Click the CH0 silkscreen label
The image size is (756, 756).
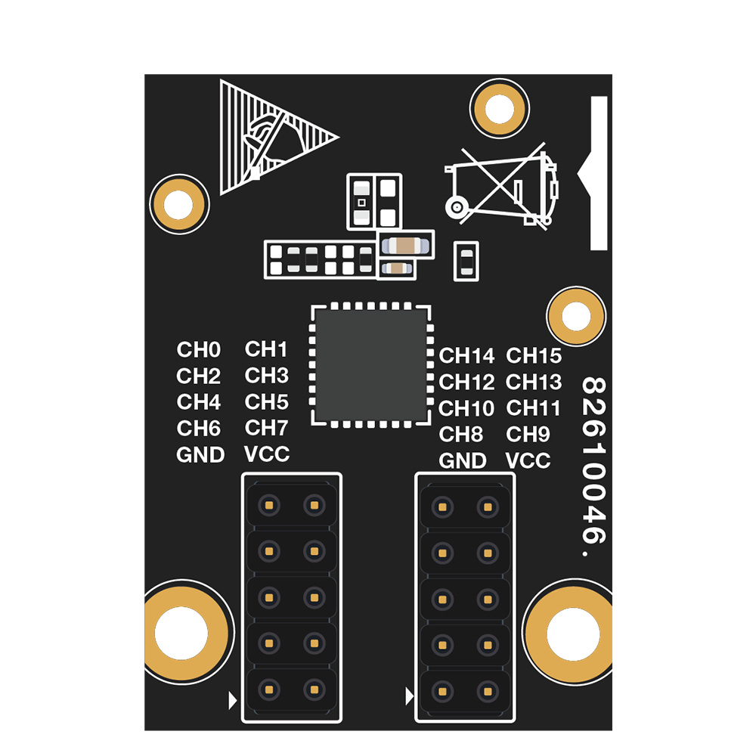coord(199,349)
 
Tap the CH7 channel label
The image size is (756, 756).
coord(266,428)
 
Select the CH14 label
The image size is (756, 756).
coord(466,356)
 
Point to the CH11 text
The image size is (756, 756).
coord(533,408)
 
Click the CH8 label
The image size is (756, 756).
coord(461,435)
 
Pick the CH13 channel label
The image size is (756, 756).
coord(534,382)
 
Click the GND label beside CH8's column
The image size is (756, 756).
coord(463,460)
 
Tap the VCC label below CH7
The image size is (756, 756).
coord(267,454)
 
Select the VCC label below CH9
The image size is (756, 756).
coord(528,460)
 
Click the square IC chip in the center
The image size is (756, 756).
coord(370,366)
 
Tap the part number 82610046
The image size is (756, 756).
coord(593,466)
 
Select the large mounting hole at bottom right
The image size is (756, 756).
coord(569,632)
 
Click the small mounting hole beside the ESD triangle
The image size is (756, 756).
coord(179,204)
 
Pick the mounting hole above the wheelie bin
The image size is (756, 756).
coord(500,108)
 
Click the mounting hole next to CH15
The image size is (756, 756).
coord(576,316)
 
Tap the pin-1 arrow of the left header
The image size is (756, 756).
coord(232,701)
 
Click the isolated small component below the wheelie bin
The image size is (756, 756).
coord(466,262)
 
